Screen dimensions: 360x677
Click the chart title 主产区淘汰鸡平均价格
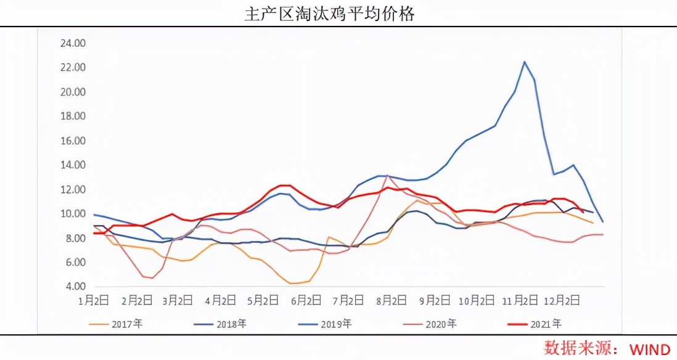329,14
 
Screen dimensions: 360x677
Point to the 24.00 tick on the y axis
73,43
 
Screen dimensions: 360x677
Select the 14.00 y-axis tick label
73,165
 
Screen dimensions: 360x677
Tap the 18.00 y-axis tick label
73,116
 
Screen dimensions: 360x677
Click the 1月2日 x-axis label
93,301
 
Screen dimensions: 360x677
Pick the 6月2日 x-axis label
306,301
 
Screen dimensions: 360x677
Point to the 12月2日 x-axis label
563,301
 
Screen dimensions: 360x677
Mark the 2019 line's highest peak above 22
524,62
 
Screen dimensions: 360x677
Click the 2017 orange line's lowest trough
295,283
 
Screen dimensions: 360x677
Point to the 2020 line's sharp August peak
387,176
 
